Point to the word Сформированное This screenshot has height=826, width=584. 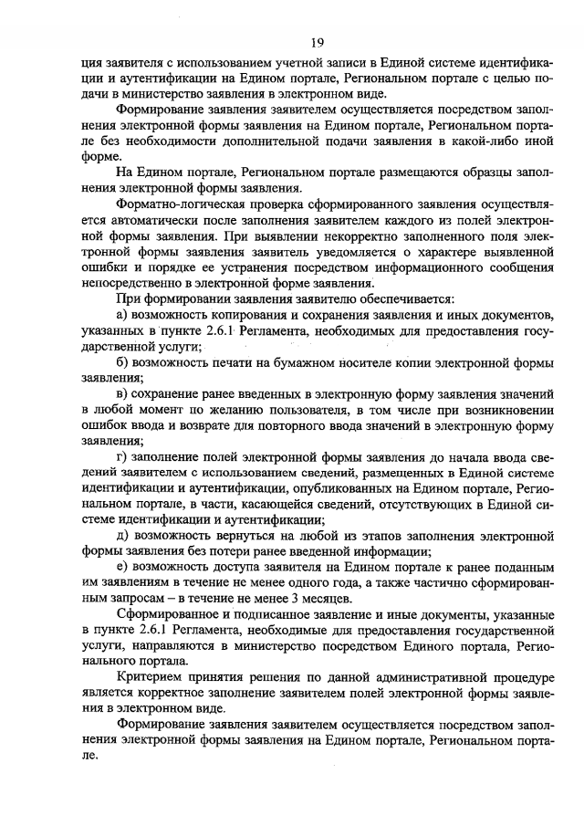[x=169, y=613]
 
